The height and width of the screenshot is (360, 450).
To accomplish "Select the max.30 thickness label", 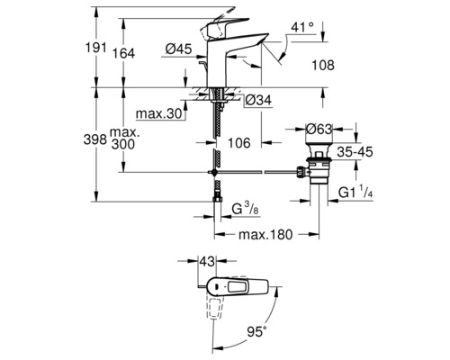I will click(x=158, y=113).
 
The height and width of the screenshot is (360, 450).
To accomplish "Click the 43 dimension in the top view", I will click(x=208, y=261).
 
